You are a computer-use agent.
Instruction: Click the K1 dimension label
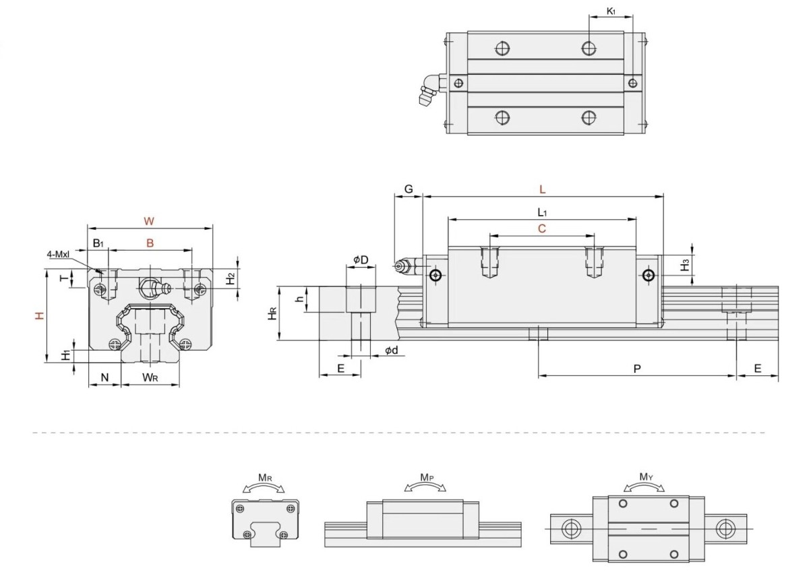pyautogui.click(x=611, y=11)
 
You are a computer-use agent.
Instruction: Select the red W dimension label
pyautogui.click(x=149, y=221)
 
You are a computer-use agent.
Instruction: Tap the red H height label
pyautogui.click(x=40, y=315)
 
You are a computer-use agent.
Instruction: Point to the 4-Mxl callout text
pyautogui.click(x=58, y=254)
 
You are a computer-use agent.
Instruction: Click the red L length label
pyautogui.click(x=542, y=189)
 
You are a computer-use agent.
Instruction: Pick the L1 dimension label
pyautogui.click(x=542, y=212)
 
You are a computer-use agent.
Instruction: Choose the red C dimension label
pyautogui.click(x=542, y=228)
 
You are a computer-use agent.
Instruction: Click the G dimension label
pyautogui.click(x=409, y=189)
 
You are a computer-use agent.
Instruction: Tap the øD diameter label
pyautogui.click(x=361, y=259)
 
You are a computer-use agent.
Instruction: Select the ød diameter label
pyautogui.click(x=392, y=350)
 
